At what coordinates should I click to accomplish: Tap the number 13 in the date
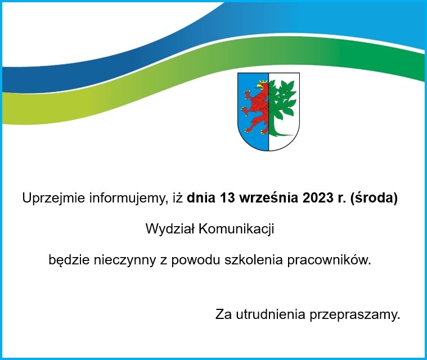[228, 198]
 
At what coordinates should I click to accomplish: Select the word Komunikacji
[236, 229]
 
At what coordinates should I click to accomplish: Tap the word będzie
[69, 260]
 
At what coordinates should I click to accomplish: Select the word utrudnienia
[271, 314]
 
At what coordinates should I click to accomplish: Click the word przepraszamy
[354, 316]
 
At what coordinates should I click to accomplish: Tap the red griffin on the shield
[255, 107]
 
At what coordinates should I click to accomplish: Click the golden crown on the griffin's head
[263, 82]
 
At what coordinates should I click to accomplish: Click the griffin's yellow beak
[258, 85]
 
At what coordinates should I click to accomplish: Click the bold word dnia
[201, 198]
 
